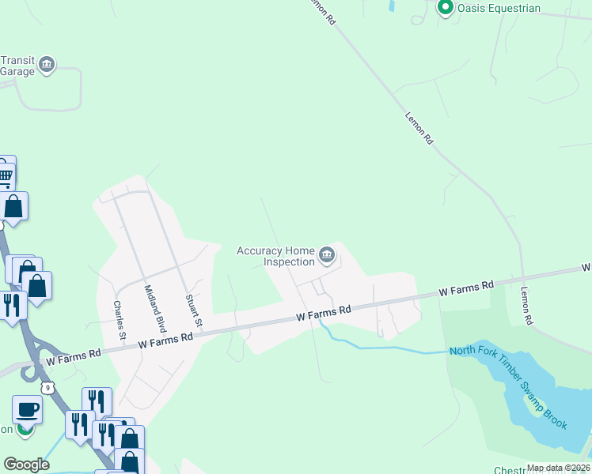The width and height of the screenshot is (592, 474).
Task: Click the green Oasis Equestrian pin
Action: point(445,9)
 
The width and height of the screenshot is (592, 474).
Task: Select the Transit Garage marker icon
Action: point(47,65)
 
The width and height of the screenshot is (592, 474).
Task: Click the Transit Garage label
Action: point(17,66)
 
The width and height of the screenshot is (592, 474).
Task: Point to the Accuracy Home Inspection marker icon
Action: point(327,255)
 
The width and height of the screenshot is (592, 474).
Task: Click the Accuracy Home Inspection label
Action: point(275,256)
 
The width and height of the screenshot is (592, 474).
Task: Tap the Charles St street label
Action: point(120,320)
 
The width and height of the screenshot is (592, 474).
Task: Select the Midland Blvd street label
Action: point(156,307)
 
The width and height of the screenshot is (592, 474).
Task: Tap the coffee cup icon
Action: point(27,412)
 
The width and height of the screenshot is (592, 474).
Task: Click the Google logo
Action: point(26,465)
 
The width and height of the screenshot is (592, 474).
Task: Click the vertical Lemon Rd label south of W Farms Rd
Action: point(526,306)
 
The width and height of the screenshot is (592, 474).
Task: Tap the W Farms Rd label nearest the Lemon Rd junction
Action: point(467,289)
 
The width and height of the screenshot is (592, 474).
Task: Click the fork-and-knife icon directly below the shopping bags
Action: point(11,305)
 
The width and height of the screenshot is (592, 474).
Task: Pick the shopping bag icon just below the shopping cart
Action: point(14,208)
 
